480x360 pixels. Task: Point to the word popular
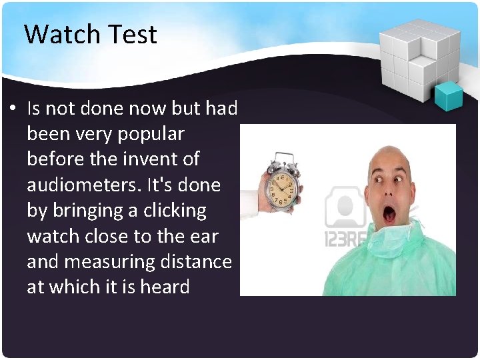point(151,133)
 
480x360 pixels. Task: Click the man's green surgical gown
point(393,267)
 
